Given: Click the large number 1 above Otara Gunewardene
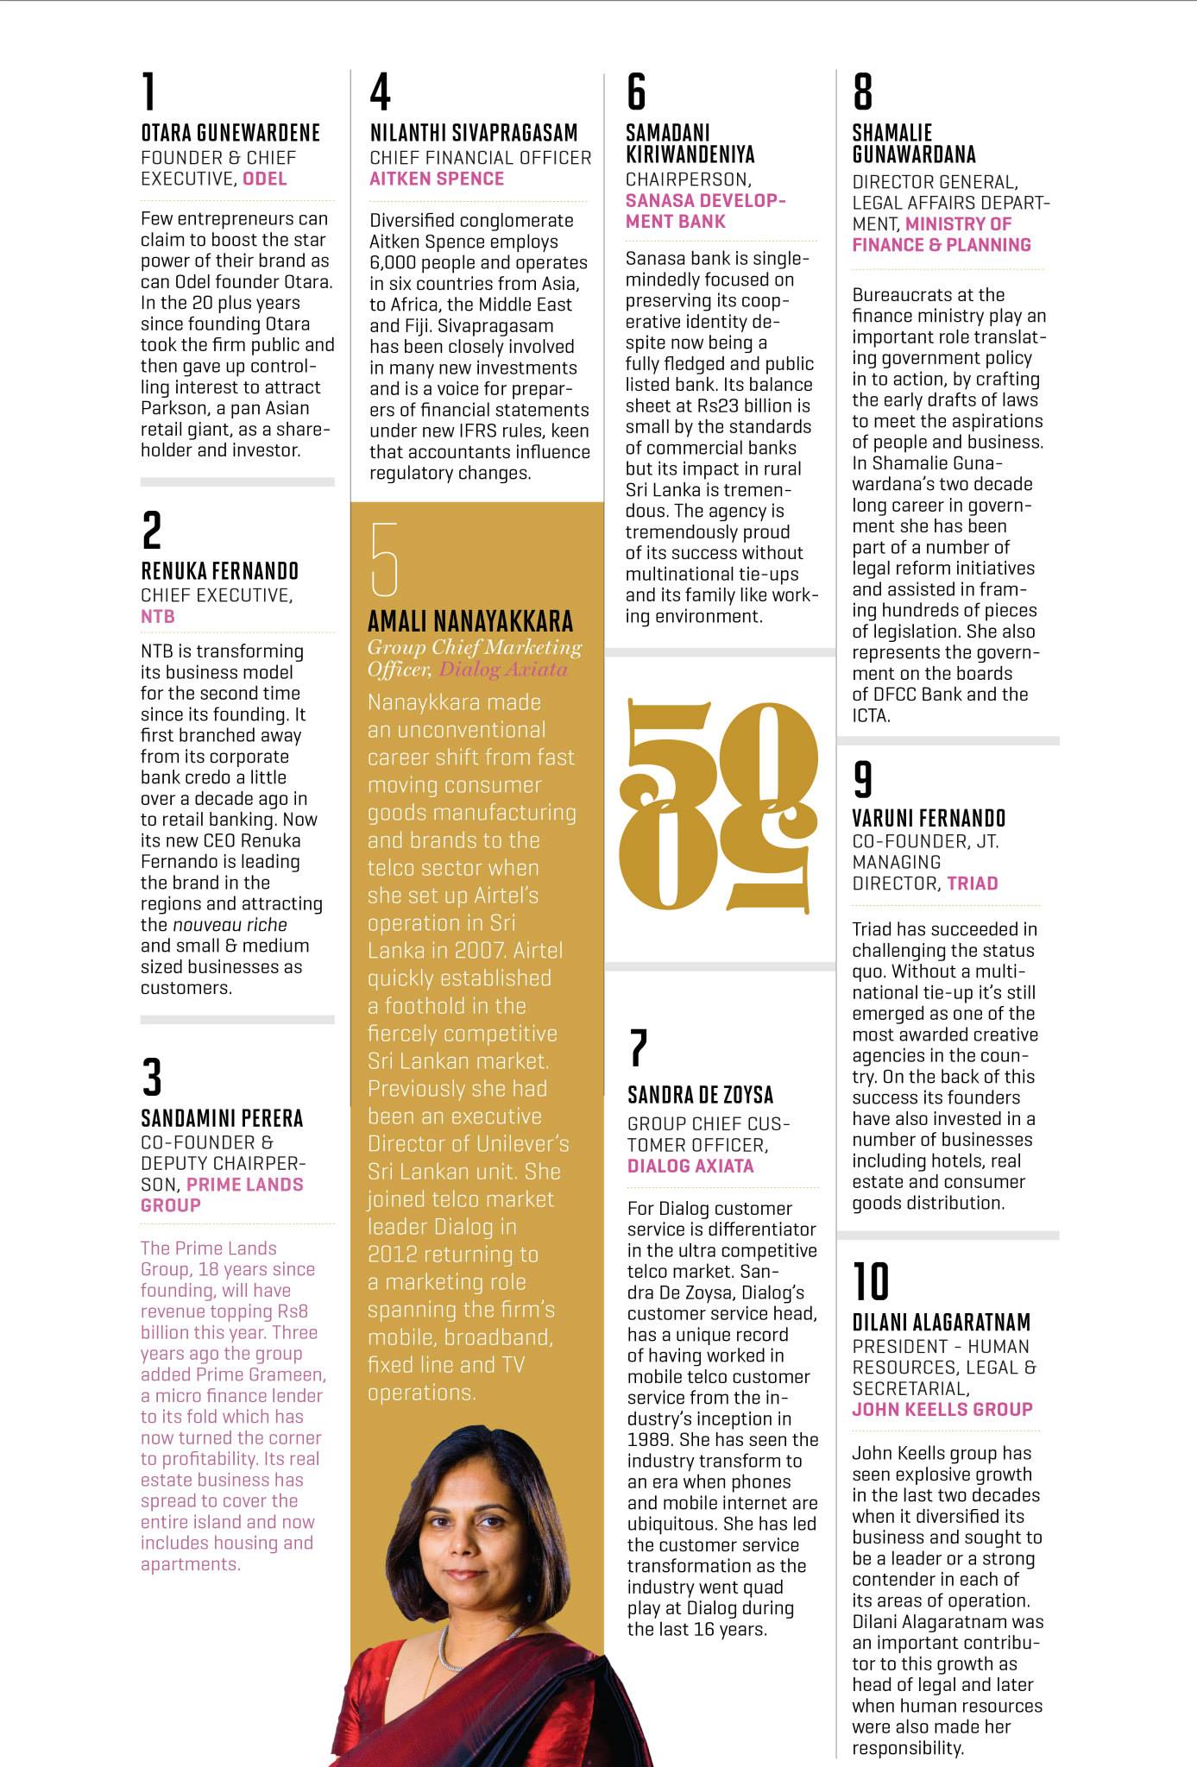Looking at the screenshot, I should [149, 91].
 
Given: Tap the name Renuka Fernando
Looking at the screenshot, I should [219, 571].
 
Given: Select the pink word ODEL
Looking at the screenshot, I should [265, 179].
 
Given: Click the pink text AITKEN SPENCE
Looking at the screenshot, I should [437, 179].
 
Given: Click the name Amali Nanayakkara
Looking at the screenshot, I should [470, 621].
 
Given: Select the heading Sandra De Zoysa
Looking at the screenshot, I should [700, 1095].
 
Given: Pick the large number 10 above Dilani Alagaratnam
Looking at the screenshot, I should [870, 1281].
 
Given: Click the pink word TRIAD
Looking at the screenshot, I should [973, 883].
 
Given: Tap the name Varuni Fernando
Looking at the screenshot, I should [929, 818].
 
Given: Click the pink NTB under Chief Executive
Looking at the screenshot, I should [158, 617].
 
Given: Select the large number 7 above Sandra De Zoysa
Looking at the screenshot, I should [638, 1047].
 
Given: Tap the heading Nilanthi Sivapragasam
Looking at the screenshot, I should [474, 133].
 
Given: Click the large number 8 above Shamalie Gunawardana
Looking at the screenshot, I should [862, 91].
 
